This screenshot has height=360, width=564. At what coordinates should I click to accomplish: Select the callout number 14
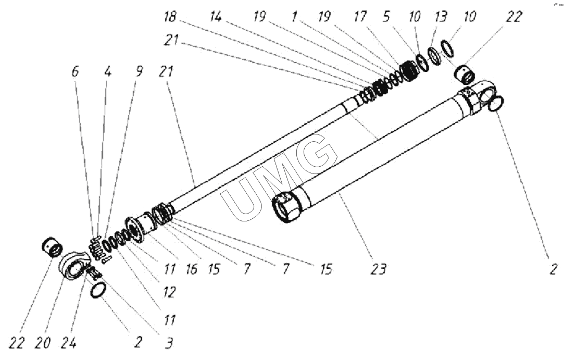pyautogui.click(x=216, y=18)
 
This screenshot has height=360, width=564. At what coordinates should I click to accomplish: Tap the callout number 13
pyautogui.click(x=440, y=18)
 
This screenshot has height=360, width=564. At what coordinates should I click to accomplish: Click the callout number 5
pyautogui.click(x=386, y=18)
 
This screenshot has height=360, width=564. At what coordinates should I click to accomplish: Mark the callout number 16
pyautogui.click(x=192, y=269)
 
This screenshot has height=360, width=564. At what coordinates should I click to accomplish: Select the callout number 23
pyautogui.click(x=379, y=269)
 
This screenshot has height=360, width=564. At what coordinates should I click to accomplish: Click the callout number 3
pyautogui.click(x=169, y=343)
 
